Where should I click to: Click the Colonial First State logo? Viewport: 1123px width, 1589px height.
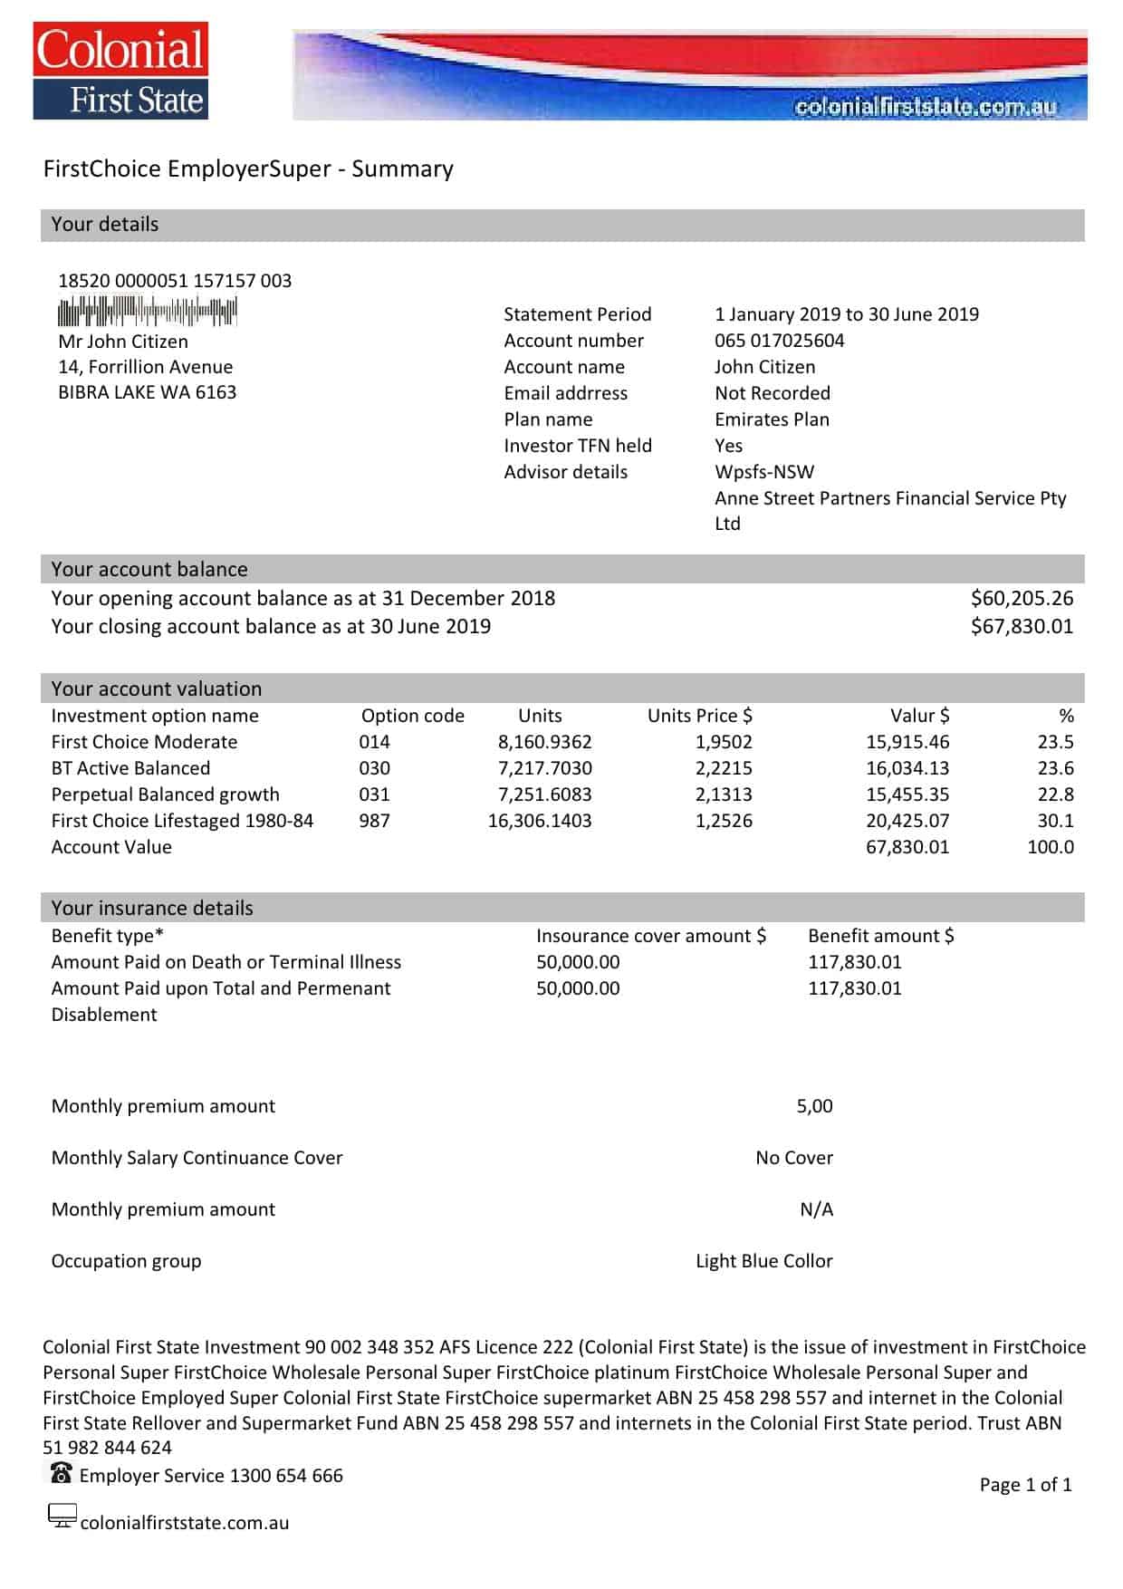click(120, 72)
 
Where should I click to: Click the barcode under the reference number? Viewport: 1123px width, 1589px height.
click(147, 311)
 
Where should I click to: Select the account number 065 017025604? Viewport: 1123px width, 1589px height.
click(779, 341)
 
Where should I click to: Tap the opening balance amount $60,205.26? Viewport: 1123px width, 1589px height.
click(1022, 598)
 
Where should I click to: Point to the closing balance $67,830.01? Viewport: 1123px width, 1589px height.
click(1022, 626)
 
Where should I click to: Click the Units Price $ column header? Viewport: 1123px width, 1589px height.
click(699, 716)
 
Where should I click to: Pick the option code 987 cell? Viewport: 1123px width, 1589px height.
click(374, 821)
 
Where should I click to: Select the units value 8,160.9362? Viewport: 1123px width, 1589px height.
click(544, 742)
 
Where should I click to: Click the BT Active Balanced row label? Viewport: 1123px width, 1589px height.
click(130, 768)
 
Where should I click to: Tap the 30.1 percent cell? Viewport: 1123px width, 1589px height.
click(1055, 821)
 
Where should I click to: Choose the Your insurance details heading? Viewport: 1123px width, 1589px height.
click(152, 908)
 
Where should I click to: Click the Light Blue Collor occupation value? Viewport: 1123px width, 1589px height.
click(763, 1261)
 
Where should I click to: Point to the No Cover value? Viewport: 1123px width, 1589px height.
click(794, 1158)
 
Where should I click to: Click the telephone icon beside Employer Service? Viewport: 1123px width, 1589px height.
click(61, 1473)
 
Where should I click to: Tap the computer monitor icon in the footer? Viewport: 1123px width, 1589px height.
click(62, 1516)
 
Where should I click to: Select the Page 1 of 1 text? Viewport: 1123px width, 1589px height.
click(1025, 1485)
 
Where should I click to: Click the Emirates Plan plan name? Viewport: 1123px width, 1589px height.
click(772, 419)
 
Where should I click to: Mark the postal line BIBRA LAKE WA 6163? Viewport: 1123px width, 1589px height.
click(147, 392)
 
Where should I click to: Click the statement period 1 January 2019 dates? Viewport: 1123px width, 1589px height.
click(846, 314)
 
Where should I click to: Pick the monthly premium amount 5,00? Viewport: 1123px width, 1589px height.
click(814, 1106)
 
